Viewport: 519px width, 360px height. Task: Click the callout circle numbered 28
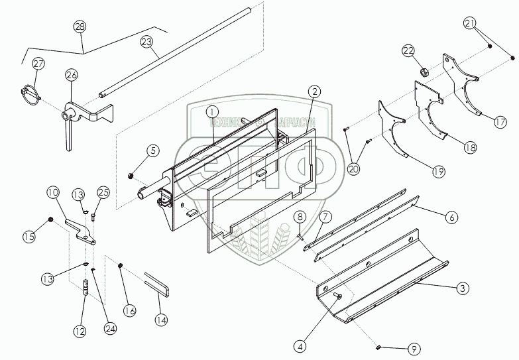[80, 27]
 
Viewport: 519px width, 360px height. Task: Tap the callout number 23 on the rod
[146, 41]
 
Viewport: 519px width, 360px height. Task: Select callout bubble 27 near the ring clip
[38, 64]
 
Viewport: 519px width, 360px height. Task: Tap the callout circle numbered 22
[408, 52]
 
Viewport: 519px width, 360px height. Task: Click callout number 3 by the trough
[463, 288]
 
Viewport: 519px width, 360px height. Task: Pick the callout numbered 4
[300, 345]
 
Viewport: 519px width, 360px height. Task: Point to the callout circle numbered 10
[53, 193]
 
